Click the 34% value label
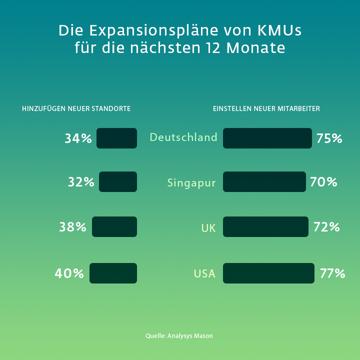(x=78, y=138)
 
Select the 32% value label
(x=81, y=182)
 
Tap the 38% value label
(x=73, y=227)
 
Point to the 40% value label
(x=69, y=273)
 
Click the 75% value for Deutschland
(x=329, y=138)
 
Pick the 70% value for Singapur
(x=323, y=182)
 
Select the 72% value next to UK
(x=326, y=227)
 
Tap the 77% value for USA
(x=332, y=273)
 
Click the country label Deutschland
(x=183, y=137)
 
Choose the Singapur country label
(x=191, y=182)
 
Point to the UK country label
(x=208, y=228)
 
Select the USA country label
(x=204, y=274)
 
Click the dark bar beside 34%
(x=116, y=138)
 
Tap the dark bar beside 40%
(x=113, y=273)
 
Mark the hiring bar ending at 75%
(x=267, y=138)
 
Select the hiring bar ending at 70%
(x=264, y=181)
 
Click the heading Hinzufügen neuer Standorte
(x=76, y=108)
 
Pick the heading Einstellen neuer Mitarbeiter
(x=266, y=108)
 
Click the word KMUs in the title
(x=279, y=30)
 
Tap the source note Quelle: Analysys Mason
(x=179, y=336)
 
